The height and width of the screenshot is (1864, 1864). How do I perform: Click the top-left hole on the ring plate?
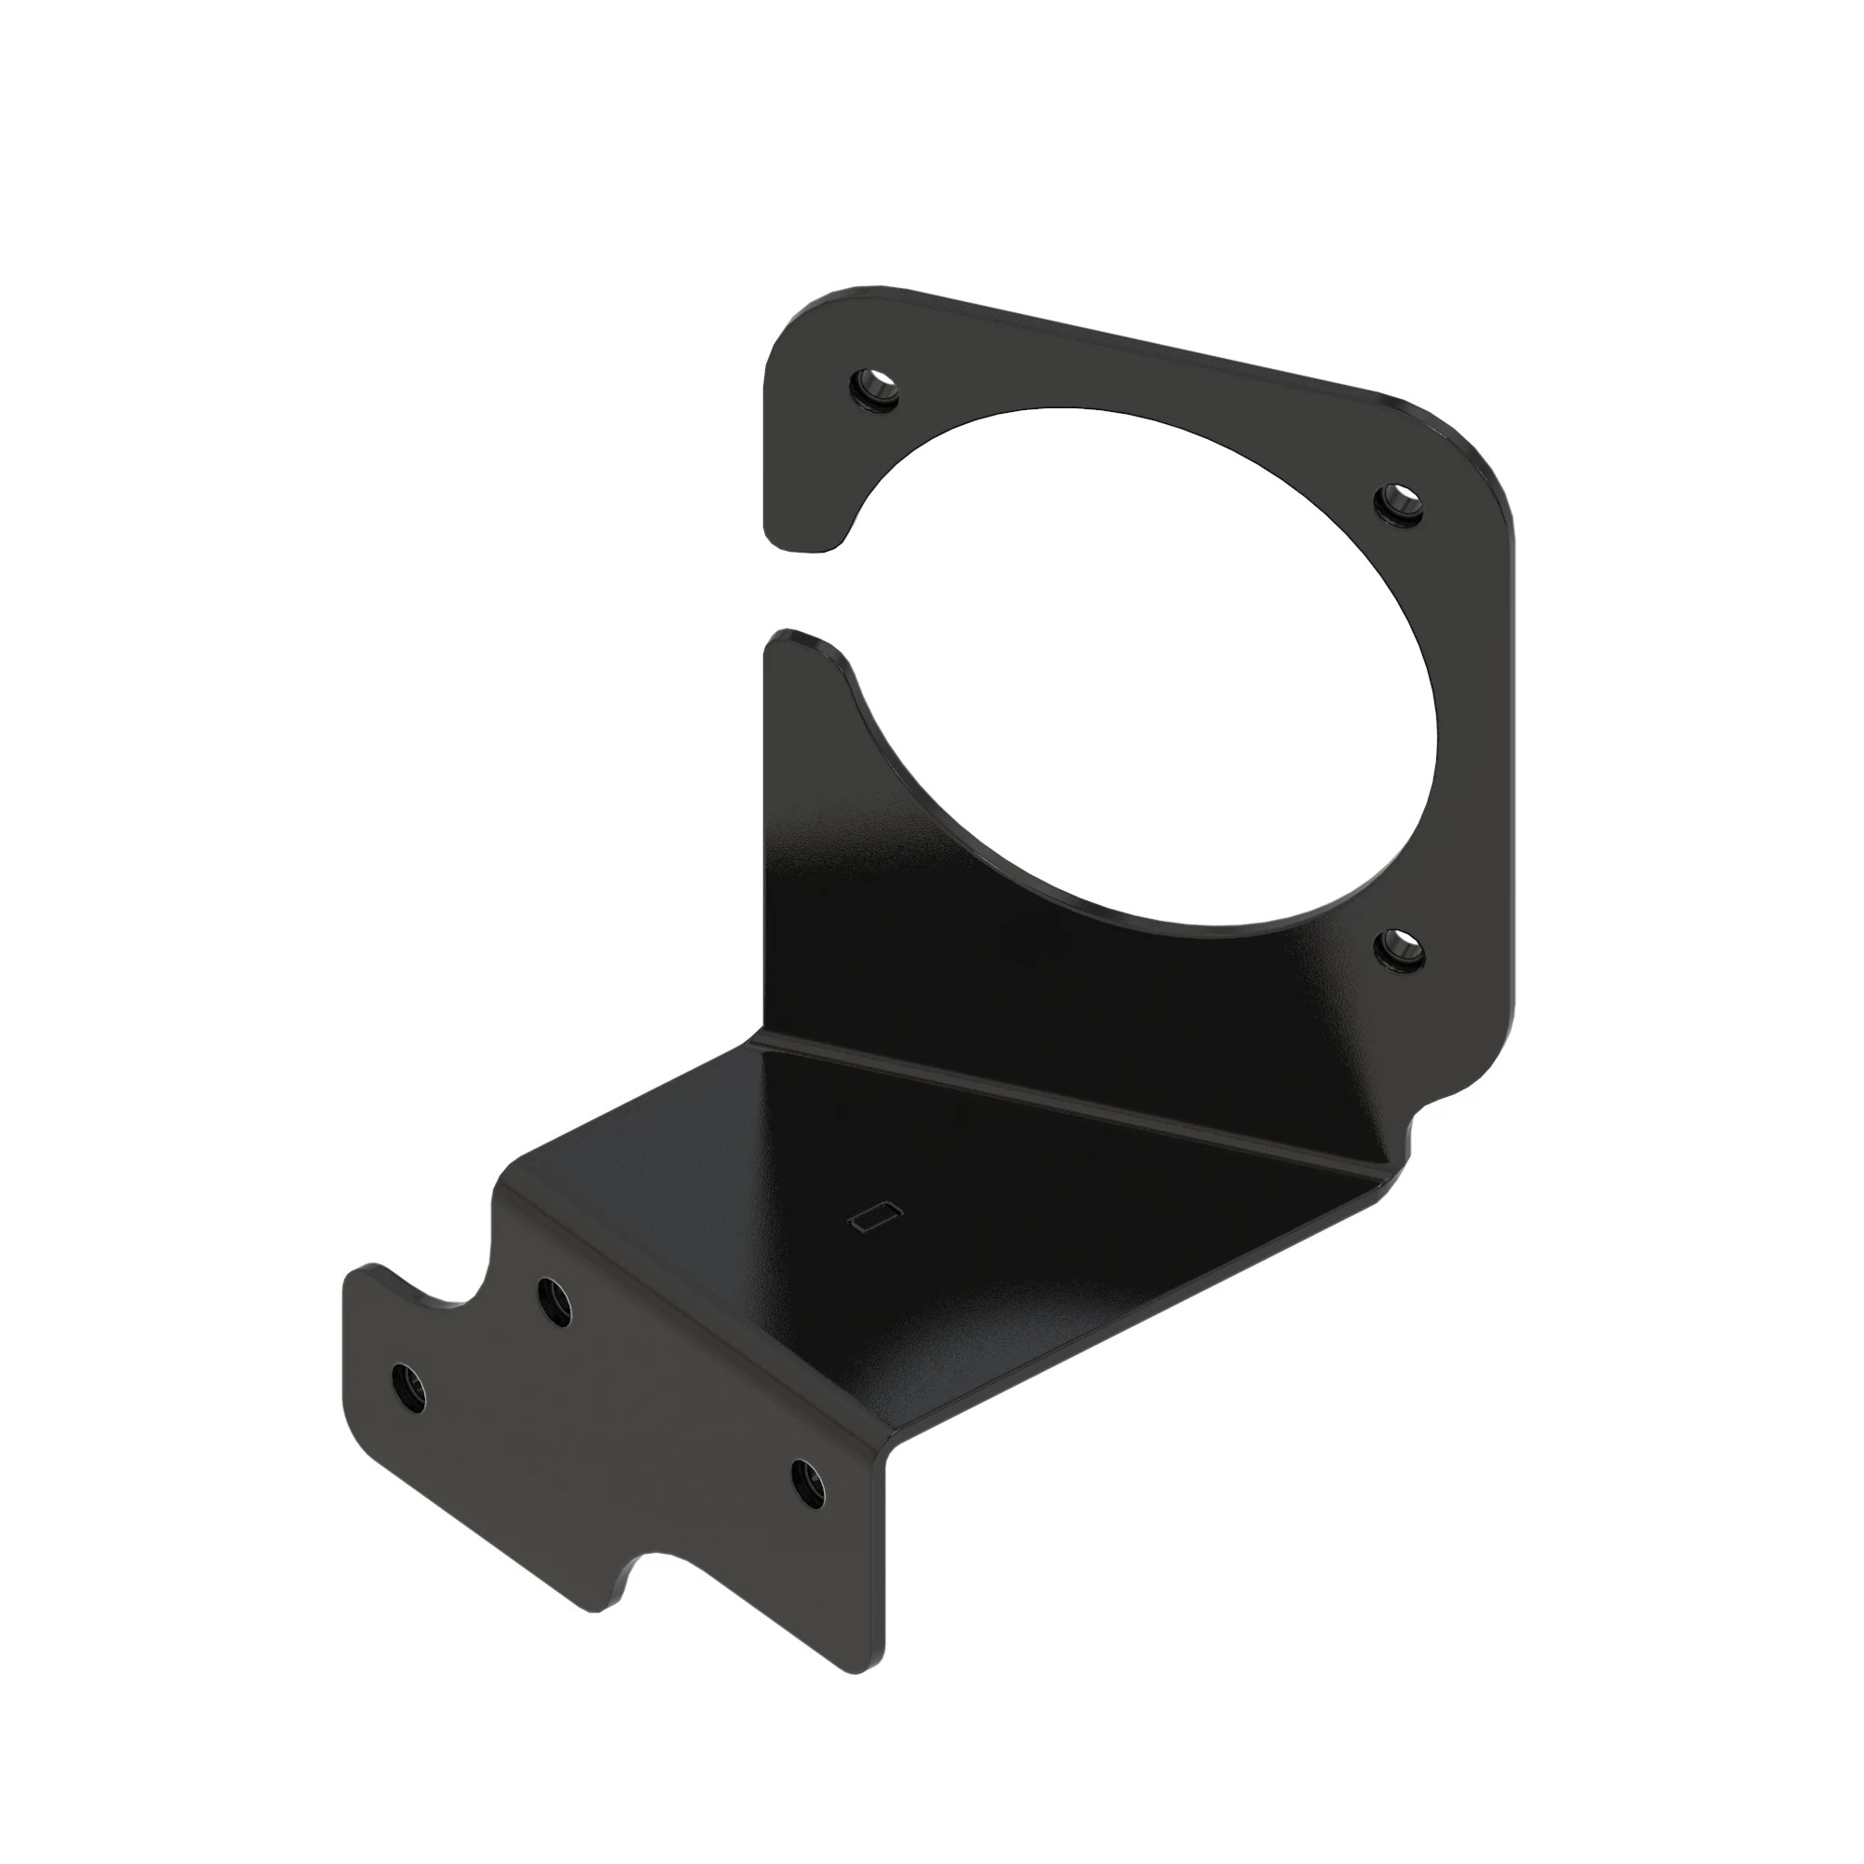point(875,388)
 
